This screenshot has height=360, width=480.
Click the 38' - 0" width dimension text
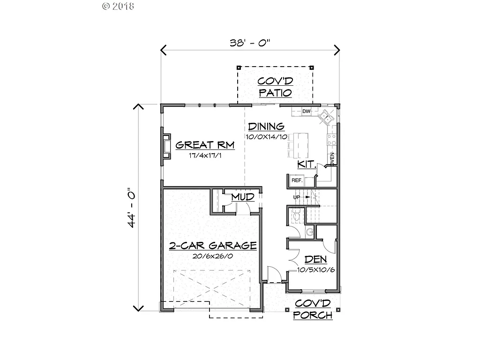pyautogui.click(x=250, y=43)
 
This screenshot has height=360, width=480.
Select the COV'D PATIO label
pyautogui.click(x=275, y=87)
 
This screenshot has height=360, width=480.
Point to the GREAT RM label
pyautogui.click(x=205, y=145)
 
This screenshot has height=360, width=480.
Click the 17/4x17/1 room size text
pyautogui.click(x=205, y=155)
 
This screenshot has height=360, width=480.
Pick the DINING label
pyautogui.click(x=266, y=126)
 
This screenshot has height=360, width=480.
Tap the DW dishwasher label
pyautogui.click(x=306, y=111)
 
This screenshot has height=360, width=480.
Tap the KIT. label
pyautogui.click(x=307, y=165)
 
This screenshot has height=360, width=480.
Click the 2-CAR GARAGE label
pyautogui.click(x=212, y=246)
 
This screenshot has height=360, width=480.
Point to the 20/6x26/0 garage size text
pyautogui.click(x=212, y=256)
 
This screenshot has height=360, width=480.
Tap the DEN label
pyautogui.click(x=315, y=260)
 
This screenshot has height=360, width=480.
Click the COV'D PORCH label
pyautogui.click(x=313, y=309)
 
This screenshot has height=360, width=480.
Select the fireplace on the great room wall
pyautogui.click(x=166, y=145)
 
